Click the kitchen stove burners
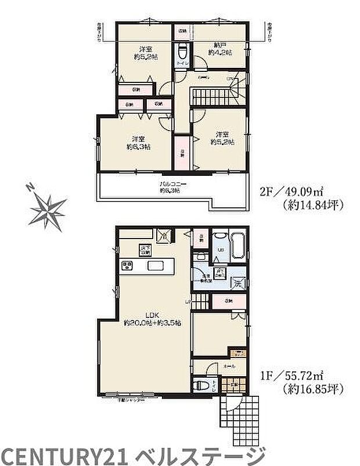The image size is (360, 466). point(128,267)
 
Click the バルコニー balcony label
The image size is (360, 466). point(170,187)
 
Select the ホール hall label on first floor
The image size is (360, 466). point(228,367)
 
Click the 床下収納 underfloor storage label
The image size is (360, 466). point(145,250)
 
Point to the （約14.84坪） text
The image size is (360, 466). point(309,204)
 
